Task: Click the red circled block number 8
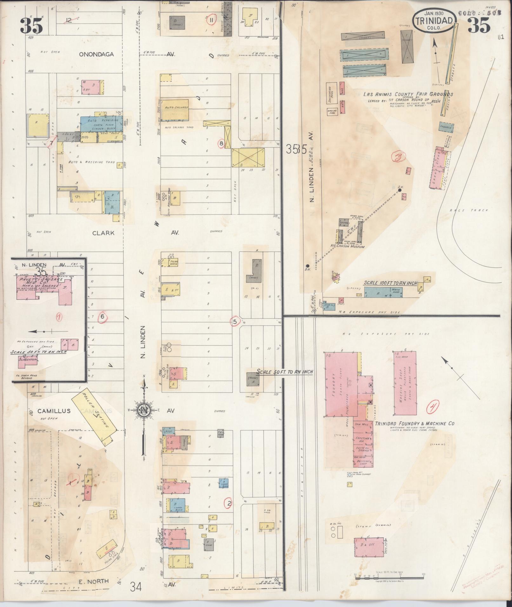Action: click(222, 144)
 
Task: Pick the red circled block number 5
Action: click(235, 322)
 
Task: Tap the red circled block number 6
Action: click(102, 316)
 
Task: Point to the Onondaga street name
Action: click(96, 54)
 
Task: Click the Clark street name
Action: click(103, 233)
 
